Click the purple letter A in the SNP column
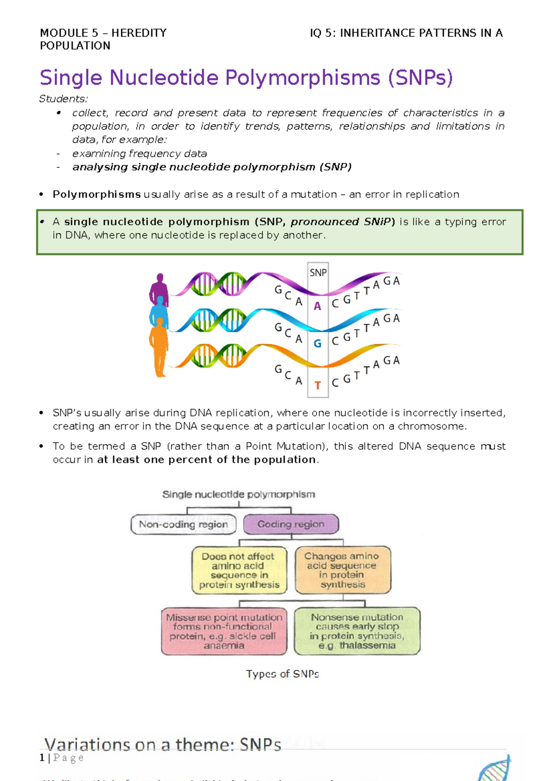click(318, 306)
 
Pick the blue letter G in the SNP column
click(318, 344)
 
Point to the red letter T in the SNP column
click(318, 385)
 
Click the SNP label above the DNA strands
click(318, 273)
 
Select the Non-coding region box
click(183, 525)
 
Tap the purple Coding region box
click(291, 525)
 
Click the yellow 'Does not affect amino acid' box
click(239, 570)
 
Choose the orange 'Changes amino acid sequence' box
click(342, 570)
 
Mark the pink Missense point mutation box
click(224, 631)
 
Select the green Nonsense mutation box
click(357, 631)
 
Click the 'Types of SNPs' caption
click(282, 674)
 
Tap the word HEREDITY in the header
click(139, 33)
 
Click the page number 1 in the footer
click(42, 758)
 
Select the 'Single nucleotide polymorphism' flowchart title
click(239, 495)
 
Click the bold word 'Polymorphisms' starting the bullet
click(97, 194)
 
